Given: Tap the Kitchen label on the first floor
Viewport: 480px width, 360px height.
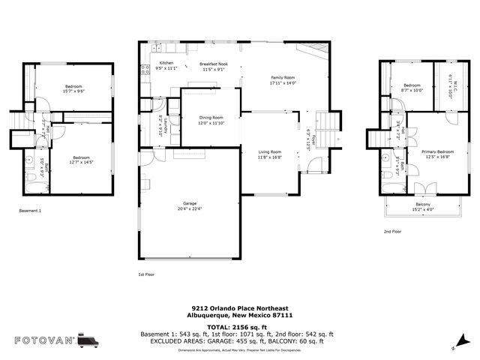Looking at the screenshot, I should coord(165,65).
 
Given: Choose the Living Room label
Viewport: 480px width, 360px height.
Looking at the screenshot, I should coord(269,154).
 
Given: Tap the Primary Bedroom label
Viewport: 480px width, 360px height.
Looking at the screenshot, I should coord(436,154).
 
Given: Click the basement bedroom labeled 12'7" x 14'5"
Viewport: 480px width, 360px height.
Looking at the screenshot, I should coord(81,159).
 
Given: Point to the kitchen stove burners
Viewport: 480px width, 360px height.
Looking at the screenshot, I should coord(144,71).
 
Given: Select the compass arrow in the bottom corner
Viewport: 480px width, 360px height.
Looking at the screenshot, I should coord(455,346).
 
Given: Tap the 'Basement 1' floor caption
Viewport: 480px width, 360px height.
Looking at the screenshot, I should coord(30,211).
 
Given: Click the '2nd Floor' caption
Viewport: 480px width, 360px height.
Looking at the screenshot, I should coord(392,232).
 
